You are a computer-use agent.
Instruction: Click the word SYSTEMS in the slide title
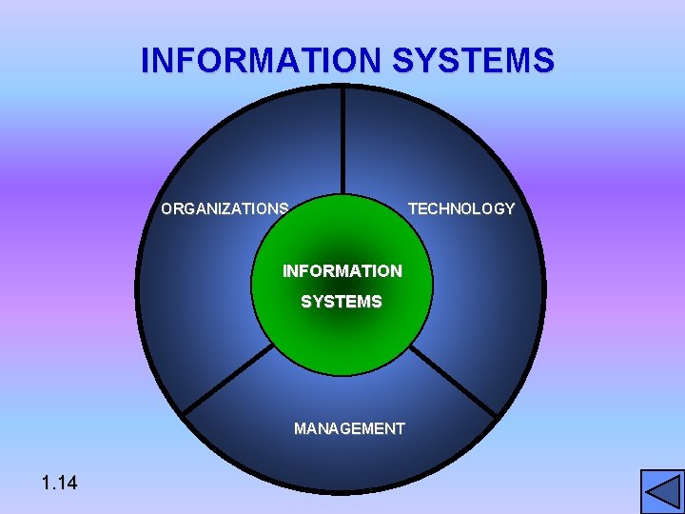(x=473, y=61)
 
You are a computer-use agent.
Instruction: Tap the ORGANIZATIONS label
(x=225, y=208)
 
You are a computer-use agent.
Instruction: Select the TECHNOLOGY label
(x=461, y=208)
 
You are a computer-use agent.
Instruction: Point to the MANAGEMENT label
(x=349, y=428)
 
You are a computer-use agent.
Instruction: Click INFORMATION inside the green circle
(x=342, y=271)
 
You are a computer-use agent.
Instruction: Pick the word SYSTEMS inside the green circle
(x=342, y=302)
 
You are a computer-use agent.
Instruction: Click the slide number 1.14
(x=60, y=484)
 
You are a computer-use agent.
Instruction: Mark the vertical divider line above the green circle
(x=343, y=143)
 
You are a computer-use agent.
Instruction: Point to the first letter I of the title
(x=146, y=61)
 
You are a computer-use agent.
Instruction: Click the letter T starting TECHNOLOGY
(x=413, y=208)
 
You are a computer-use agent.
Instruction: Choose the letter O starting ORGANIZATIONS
(x=167, y=208)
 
